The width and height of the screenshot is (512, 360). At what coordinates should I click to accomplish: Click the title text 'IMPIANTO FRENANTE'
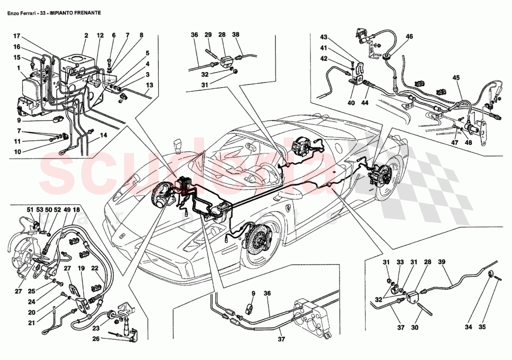coord(74,13)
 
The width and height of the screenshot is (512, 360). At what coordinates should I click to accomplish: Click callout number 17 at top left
coord(17,36)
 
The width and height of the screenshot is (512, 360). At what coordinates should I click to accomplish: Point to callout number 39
coord(442,262)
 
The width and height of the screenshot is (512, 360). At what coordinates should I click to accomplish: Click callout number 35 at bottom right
coord(482,327)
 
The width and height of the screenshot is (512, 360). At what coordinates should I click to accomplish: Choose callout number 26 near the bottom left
coord(108,339)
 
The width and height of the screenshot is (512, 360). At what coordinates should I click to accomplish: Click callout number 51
coord(30,210)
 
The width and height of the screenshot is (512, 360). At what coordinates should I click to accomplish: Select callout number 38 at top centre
coord(236,35)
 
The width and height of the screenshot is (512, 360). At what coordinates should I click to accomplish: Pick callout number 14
coord(103,136)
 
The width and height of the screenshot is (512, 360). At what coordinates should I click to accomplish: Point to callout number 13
coord(149,86)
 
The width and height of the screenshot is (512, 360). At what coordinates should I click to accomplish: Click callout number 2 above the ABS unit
coord(86,36)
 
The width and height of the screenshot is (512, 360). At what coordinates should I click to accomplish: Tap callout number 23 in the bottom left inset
coord(95,328)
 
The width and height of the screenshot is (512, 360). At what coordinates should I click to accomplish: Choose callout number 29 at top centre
coord(208,35)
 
